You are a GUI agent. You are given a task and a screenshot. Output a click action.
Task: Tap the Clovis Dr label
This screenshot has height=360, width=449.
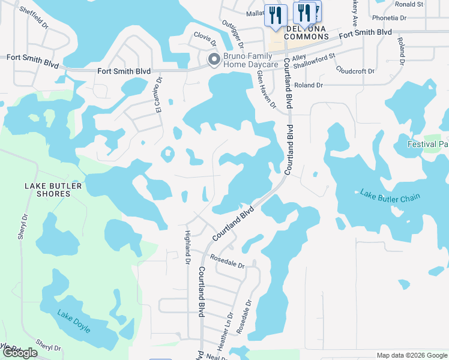[x=205, y=38]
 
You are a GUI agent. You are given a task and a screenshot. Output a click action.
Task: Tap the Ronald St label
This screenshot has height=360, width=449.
[x=409, y=4]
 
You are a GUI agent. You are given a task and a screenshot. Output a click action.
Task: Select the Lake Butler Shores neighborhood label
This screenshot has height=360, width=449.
[x=53, y=190]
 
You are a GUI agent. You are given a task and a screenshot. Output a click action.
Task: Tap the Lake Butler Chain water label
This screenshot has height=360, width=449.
[x=390, y=196]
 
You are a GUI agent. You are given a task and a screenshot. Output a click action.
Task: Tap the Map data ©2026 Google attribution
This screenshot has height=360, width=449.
[x=412, y=355]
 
